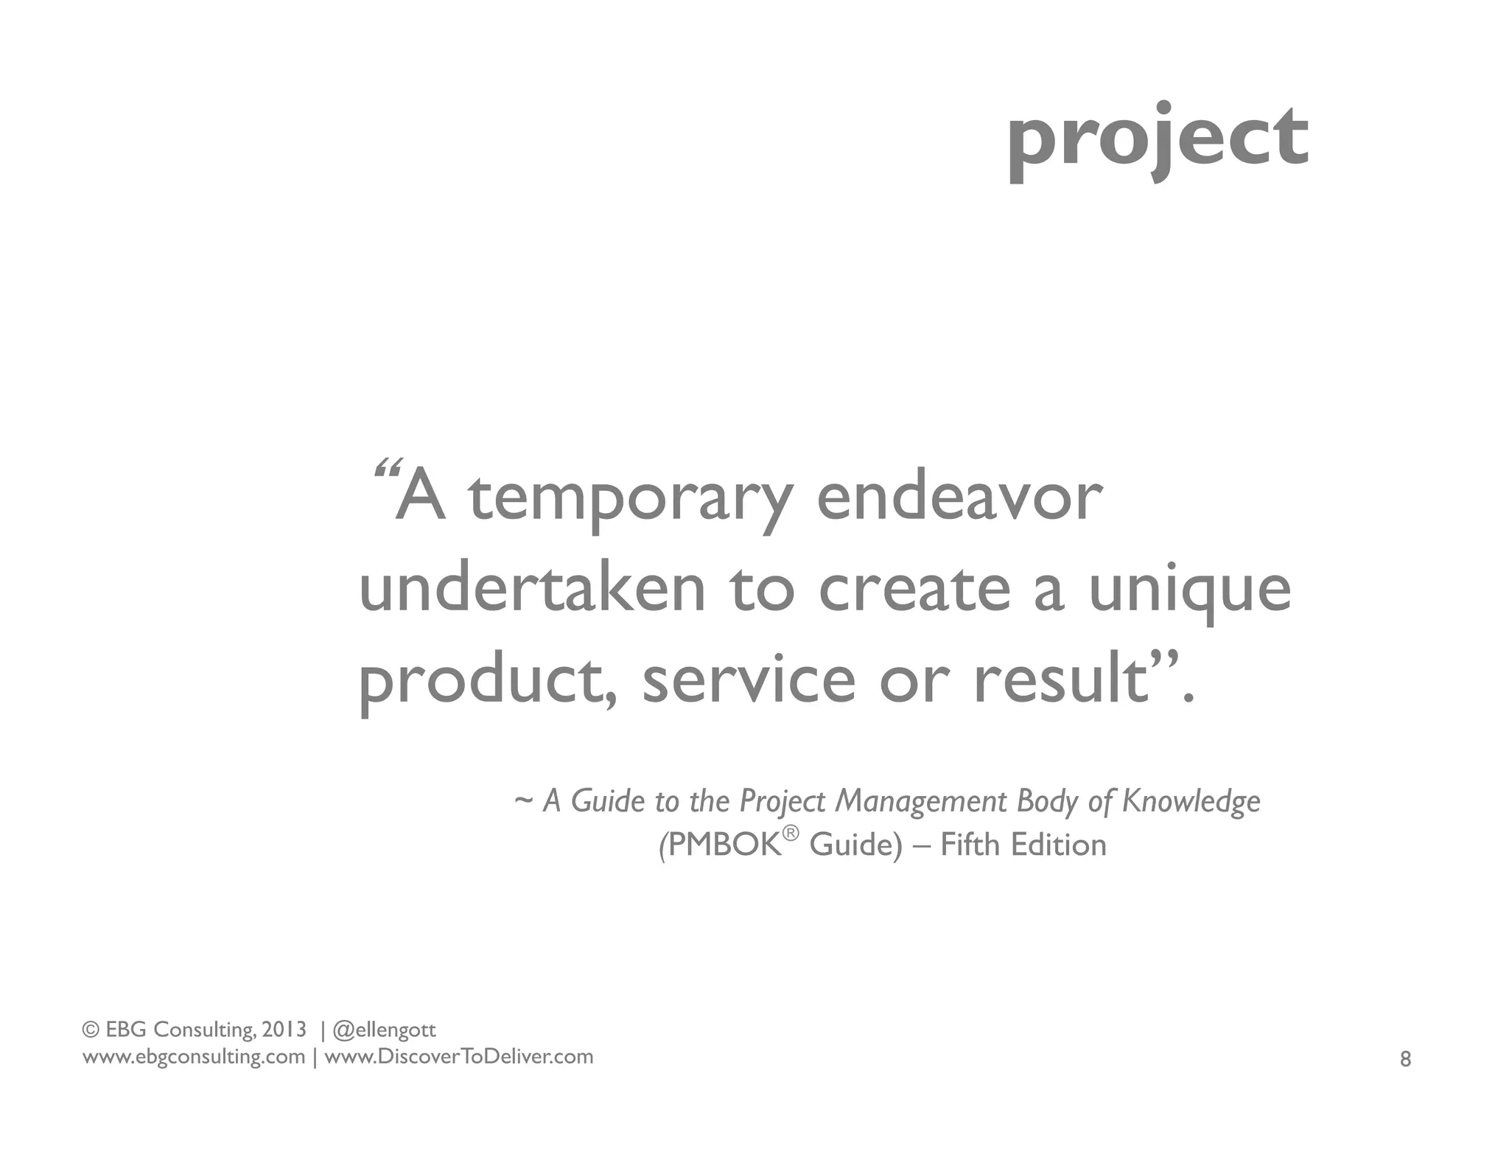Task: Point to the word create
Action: pos(914,589)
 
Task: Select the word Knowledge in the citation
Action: pos(1191,801)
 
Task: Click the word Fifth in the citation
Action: pos(970,845)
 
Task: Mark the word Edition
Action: pos(1059,845)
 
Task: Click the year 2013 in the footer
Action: pos(284,1029)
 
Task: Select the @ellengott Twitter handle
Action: pos(385,1030)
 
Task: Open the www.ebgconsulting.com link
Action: pos(194,1057)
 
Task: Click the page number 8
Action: pos(1405,1059)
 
